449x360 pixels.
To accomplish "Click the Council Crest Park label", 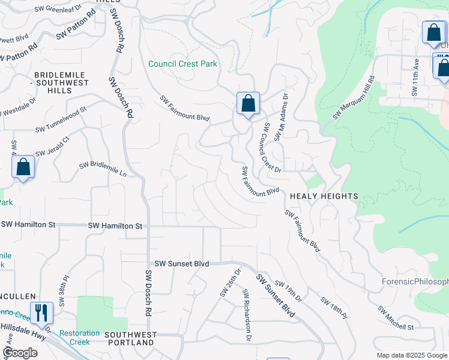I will tap(182, 64).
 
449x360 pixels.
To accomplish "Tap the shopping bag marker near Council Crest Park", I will tap(248, 104).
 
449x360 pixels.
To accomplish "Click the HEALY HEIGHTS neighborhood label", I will tap(324, 196).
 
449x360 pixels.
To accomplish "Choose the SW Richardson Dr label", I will tap(246, 316).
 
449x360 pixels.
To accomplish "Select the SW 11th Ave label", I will tap(415, 77).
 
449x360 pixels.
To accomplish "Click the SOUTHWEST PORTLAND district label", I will tap(130, 338).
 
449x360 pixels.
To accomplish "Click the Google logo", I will tap(20, 353).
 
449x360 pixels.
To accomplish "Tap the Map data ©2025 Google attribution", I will tap(411, 355).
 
